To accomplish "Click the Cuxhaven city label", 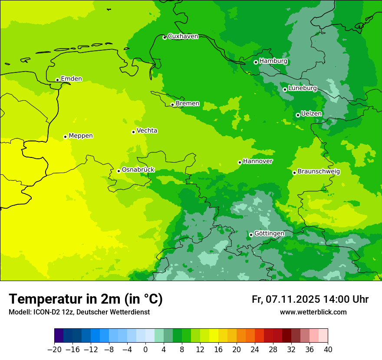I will coord(183,36).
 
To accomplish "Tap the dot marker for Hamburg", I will coord(256,62).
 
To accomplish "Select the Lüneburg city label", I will coord(303,88).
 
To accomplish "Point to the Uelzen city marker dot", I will coord(298,115).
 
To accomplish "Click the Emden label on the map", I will coord(71,79).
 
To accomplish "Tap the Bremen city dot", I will coord(172,105).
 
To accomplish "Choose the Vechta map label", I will coord(147,131).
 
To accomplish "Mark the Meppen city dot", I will coord(65,137).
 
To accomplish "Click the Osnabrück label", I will coord(138,170).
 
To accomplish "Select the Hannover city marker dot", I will coord(240,162).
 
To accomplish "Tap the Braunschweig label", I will coord(319,171).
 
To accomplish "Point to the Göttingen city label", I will coord(269,233).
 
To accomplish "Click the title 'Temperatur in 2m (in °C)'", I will coord(86,299).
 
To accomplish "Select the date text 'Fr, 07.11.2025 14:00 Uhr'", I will coord(310,299).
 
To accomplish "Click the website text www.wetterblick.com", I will coord(313,312).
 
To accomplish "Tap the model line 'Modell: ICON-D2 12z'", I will coord(42,312).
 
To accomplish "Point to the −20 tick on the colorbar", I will coord(54,350).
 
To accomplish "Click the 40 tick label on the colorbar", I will coord(328,350).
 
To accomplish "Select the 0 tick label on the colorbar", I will coord(145,350).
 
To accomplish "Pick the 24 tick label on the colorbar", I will coord(255,350).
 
